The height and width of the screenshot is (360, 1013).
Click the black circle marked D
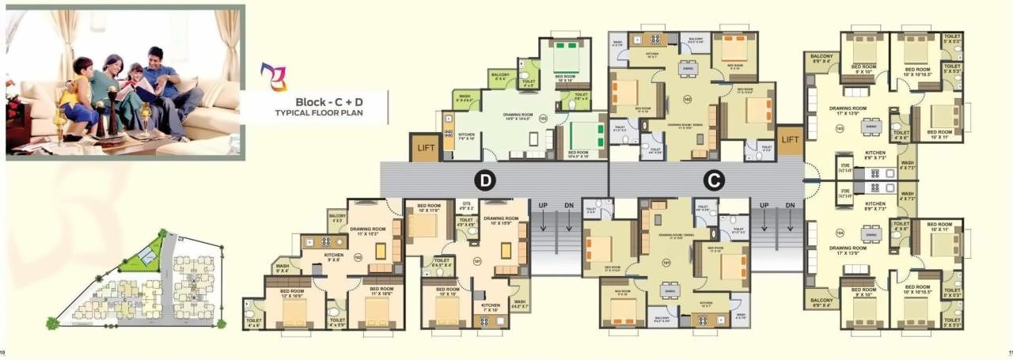[485, 180]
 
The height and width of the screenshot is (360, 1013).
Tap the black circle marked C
[715, 180]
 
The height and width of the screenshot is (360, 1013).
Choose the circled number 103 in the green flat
[543, 119]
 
